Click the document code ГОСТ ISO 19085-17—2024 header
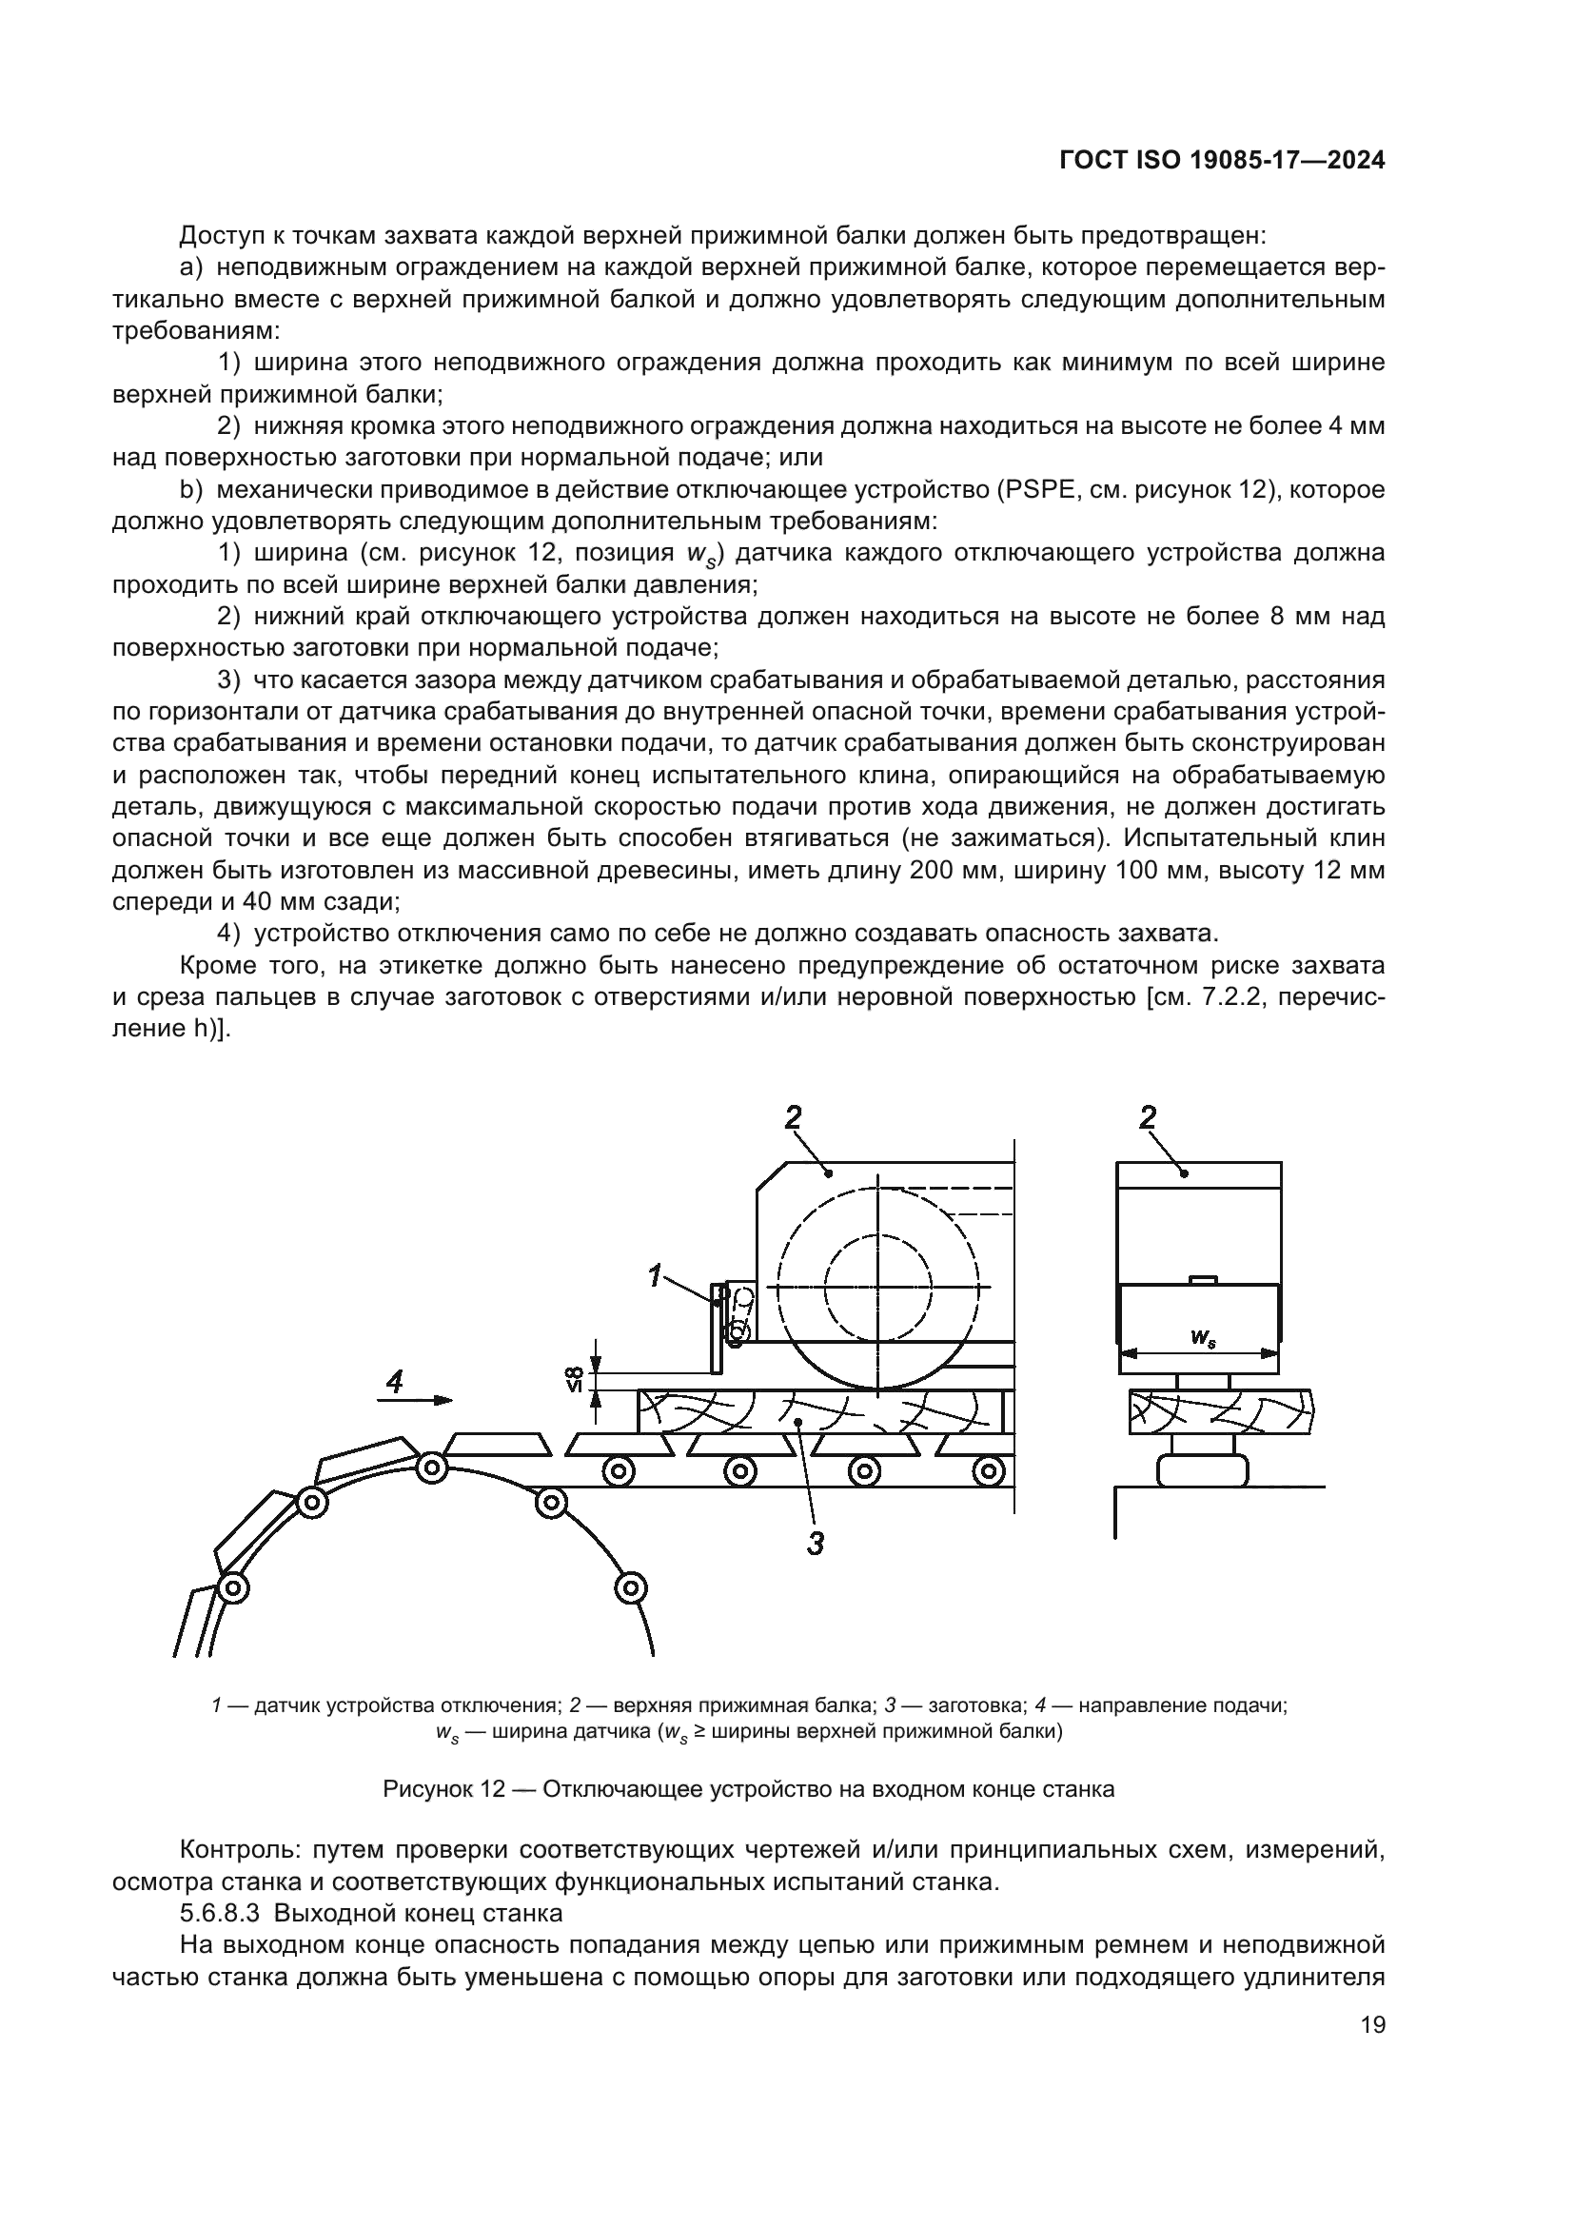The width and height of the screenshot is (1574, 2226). click(x=1221, y=161)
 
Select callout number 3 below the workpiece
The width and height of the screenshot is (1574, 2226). click(x=816, y=1544)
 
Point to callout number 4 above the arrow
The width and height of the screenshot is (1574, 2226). click(x=395, y=1383)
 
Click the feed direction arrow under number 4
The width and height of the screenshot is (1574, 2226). click(x=415, y=1400)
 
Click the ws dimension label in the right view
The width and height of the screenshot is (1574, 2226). click(x=1203, y=1339)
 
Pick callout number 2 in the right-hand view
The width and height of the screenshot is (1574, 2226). click(x=1148, y=1118)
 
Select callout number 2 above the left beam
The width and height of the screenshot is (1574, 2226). click(x=793, y=1118)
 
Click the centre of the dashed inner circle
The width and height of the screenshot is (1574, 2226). click(x=877, y=1287)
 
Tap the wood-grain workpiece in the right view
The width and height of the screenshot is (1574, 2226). click(x=1221, y=1411)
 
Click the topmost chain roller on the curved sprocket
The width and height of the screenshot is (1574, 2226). click(x=430, y=1468)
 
